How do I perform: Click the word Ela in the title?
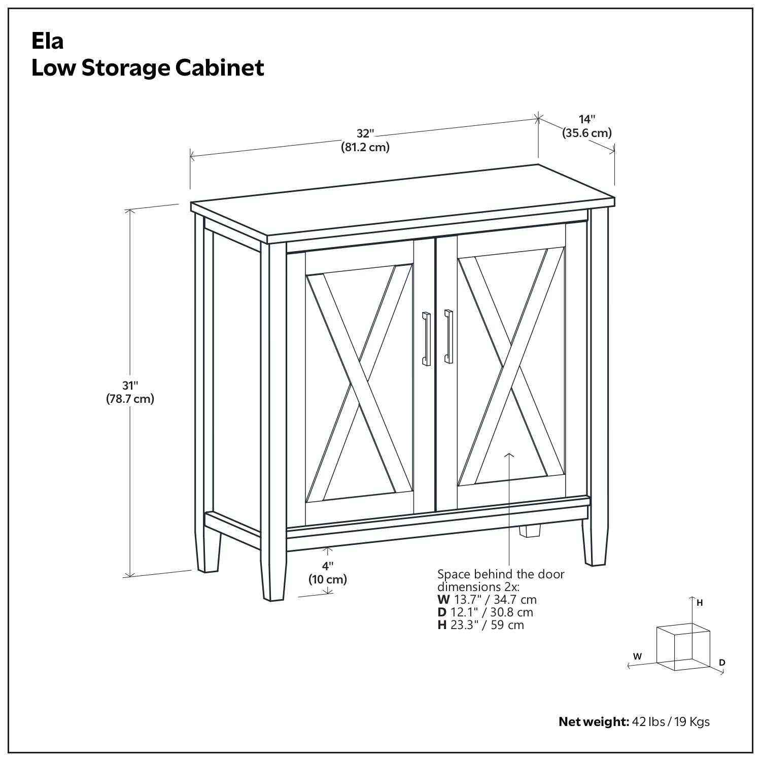tap(47, 41)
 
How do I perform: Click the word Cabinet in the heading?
tap(220, 67)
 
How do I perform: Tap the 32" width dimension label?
tap(365, 134)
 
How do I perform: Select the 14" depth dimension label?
tap(587, 119)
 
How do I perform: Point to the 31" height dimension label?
tap(130, 386)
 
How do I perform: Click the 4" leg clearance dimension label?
tap(328, 566)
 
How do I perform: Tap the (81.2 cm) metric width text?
tap(365, 148)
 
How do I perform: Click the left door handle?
tap(426, 338)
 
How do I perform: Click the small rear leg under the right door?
tap(530, 531)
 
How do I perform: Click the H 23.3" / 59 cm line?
tap(480, 625)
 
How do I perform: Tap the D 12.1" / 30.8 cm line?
tap(485, 612)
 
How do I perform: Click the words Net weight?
tap(593, 721)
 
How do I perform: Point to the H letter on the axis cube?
tap(700, 603)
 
